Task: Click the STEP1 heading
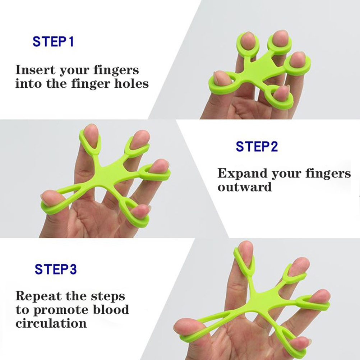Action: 53,42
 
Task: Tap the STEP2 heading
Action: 257,146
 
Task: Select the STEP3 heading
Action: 56,269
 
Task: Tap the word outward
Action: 245,187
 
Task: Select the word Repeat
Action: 38,296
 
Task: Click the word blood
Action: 111,309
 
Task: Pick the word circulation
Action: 51,323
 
